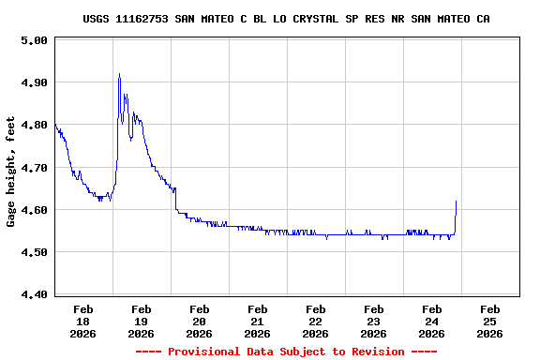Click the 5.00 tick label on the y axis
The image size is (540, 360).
point(34,41)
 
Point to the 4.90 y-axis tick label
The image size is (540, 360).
point(34,83)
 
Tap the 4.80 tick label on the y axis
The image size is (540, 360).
point(34,126)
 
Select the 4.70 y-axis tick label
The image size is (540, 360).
point(34,168)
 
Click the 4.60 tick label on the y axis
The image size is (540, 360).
point(34,210)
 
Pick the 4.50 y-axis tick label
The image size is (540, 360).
point(34,252)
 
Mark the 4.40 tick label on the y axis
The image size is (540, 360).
point(34,294)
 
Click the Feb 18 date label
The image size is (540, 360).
point(82,321)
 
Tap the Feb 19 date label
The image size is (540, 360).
point(141,321)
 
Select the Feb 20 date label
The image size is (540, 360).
point(199,321)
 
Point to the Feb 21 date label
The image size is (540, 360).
point(257,321)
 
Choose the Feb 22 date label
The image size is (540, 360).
point(315,321)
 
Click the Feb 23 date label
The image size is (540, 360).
point(373,321)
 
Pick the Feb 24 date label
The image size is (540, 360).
point(431,321)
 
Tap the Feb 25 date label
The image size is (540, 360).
point(489,321)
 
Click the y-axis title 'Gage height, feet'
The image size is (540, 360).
point(11,172)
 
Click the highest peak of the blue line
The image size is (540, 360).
point(119,74)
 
